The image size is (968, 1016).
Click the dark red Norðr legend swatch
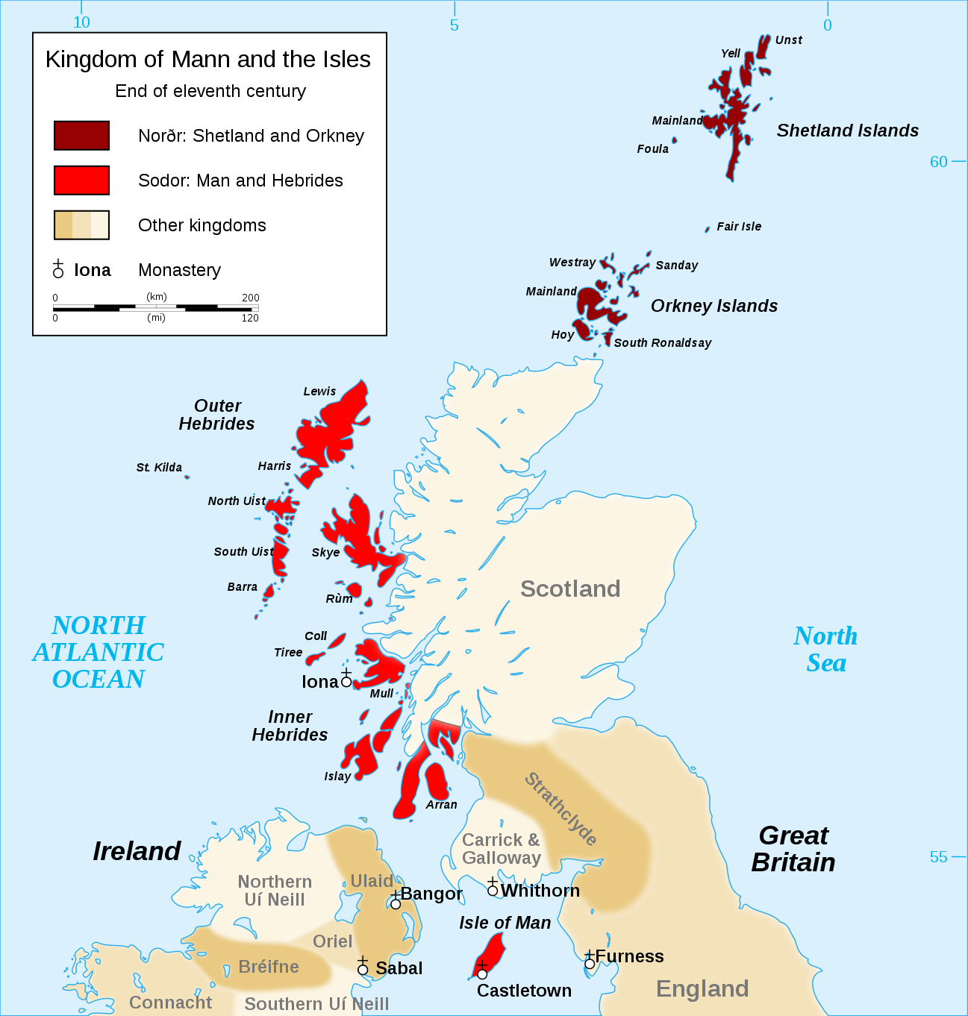pos(81,136)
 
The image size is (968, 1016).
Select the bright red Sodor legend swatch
pos(81,181)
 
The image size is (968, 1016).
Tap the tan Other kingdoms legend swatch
pos(81,225)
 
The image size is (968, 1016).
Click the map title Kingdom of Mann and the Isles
pos(207,60)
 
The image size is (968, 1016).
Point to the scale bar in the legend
pos(155,307)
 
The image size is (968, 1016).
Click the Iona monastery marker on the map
pos(346,680)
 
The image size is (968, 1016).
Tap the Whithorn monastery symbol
pos(493,889)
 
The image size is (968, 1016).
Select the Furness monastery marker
pos(590,962)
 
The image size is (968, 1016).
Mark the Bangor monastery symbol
pos(396,903)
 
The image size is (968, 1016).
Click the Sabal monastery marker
pos(363,968)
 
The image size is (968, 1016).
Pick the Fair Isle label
pos(739,227)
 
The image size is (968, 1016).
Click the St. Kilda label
pos(159,468)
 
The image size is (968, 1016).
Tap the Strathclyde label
pos(560,809)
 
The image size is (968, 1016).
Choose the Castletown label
pos(524,991)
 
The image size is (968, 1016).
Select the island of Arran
pos(436,780)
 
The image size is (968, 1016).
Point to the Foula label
pos(652,149)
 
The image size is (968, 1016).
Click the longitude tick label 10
pos(81,22)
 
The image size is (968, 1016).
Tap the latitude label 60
pos(938,162)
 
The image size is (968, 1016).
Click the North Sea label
pos(825,649)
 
